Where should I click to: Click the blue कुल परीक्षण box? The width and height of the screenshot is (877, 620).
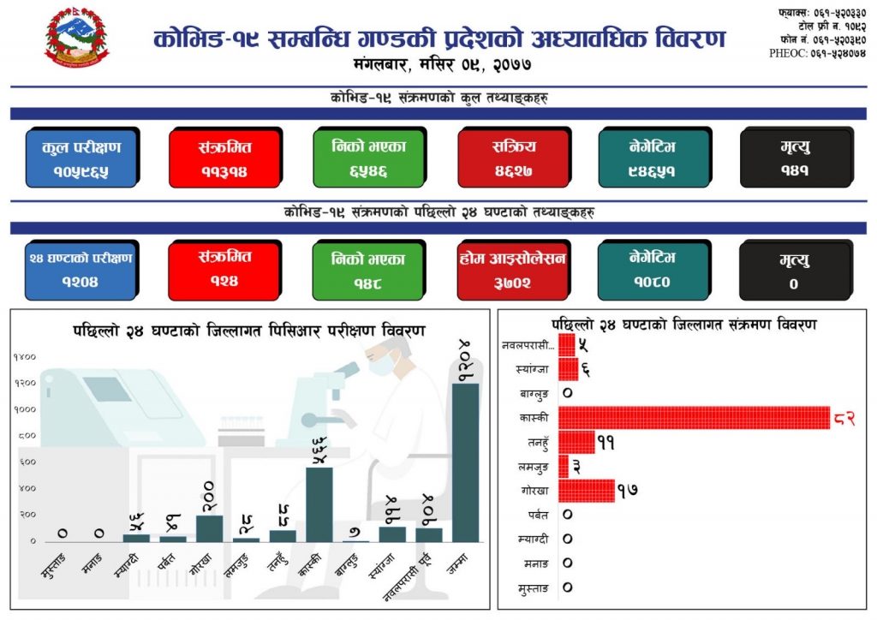81,158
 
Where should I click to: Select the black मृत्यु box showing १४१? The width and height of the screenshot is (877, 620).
795,158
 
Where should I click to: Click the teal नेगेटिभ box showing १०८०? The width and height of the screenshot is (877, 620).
653,270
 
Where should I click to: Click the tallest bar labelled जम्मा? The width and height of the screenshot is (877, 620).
465,462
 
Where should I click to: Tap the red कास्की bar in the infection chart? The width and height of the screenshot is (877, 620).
694,417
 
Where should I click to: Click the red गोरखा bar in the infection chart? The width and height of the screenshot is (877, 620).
586,490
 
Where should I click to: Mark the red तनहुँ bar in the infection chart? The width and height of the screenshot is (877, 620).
576,442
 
